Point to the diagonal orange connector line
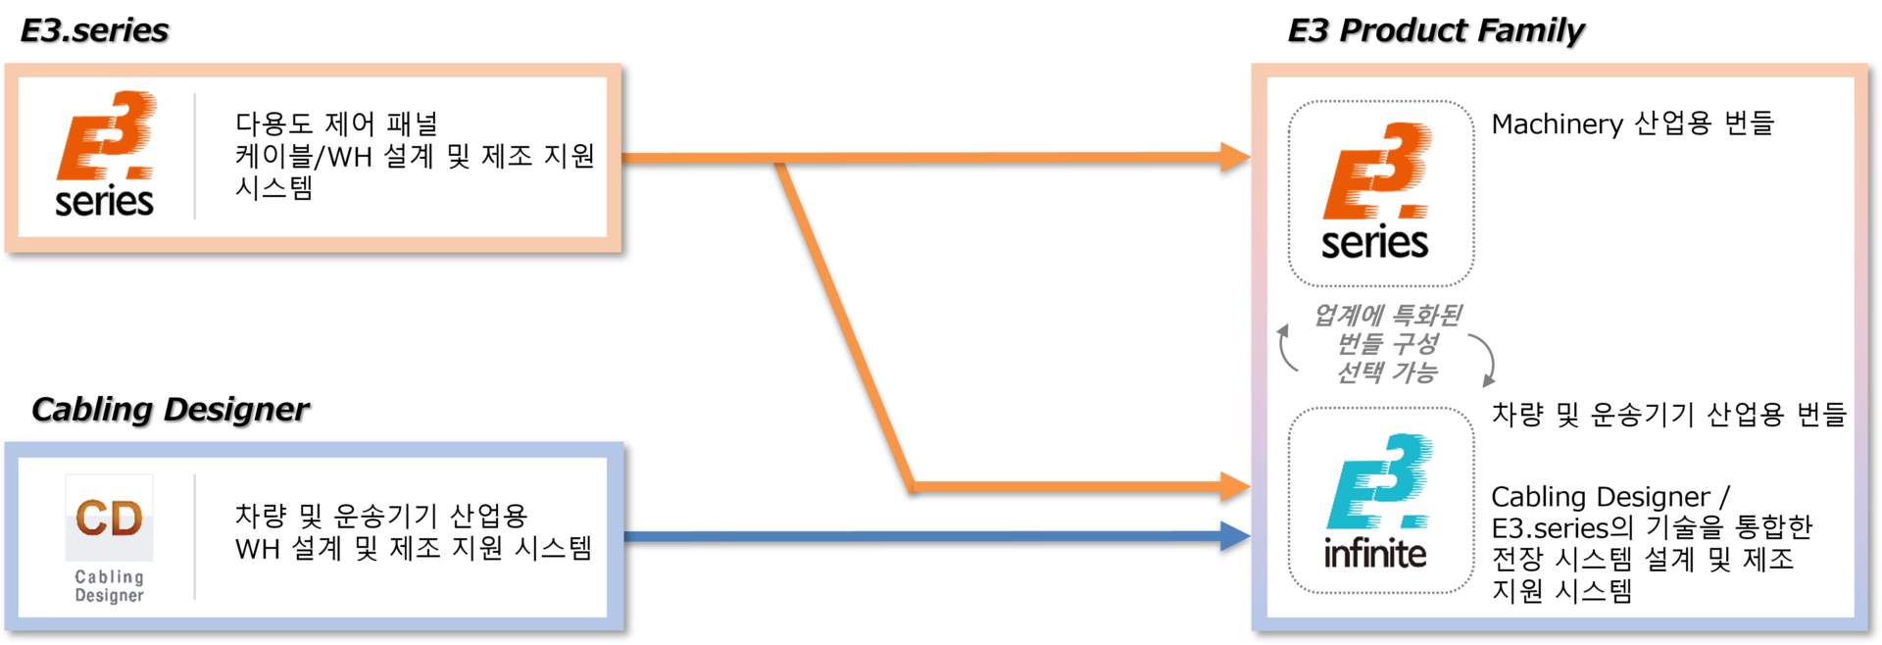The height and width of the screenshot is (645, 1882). pyautogui.click(x=845, y=323)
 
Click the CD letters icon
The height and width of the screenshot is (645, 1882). pyautogui.click(x=109, y=518)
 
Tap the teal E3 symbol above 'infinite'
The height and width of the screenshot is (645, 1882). pyautogui.click(x=1380, y=482)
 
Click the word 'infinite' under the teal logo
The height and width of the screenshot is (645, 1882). pyautogui.click(x=1374, y=555)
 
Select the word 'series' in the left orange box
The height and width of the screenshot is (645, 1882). pyautogui.click(x=104, y=202)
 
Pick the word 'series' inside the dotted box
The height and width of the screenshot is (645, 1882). pyautogui.click(x=1374, y=243)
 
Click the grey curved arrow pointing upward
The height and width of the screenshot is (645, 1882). pyautogui.click(x=1287, y=348)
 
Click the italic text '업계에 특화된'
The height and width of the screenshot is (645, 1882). pyautogui.click(x=1388, y=315)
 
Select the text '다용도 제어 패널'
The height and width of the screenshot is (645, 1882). pyautogui.click(x=336, y=124)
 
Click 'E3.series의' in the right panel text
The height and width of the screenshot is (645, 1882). pyautogui.click(x=1562, y=528)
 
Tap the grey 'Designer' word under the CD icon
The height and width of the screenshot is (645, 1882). pyautogui.click(x=109, y=595)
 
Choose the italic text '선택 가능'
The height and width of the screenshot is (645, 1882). pyautogui.click(x=1387, y=372)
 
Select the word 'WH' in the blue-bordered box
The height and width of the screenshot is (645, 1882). pyautogui.click(x=258, y=549)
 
